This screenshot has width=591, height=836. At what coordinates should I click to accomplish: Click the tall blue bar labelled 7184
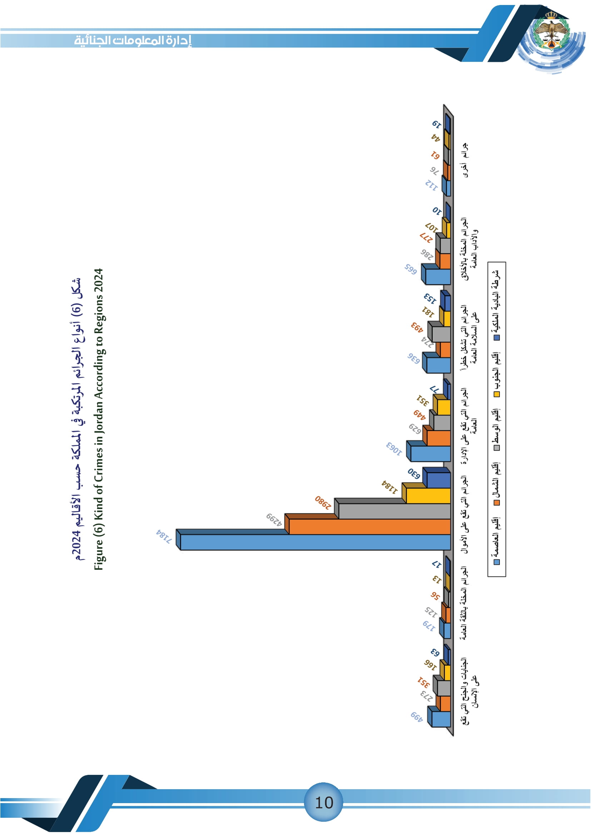315,542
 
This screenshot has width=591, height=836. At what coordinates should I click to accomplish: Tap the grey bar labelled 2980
394,511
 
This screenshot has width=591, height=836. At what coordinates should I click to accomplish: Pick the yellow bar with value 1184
428,495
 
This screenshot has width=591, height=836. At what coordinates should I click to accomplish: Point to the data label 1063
394,449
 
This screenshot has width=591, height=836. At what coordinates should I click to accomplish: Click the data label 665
410,269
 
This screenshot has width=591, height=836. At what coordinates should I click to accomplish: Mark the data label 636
413,358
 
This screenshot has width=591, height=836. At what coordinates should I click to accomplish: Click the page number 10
323,802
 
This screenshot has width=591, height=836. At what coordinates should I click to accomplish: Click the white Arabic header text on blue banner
133,40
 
